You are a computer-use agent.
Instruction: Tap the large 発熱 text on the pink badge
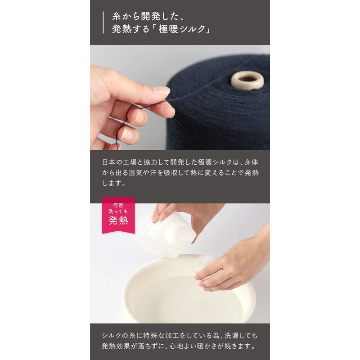[x=118, y=221]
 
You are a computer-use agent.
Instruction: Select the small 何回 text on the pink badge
[x=118, y=205]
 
